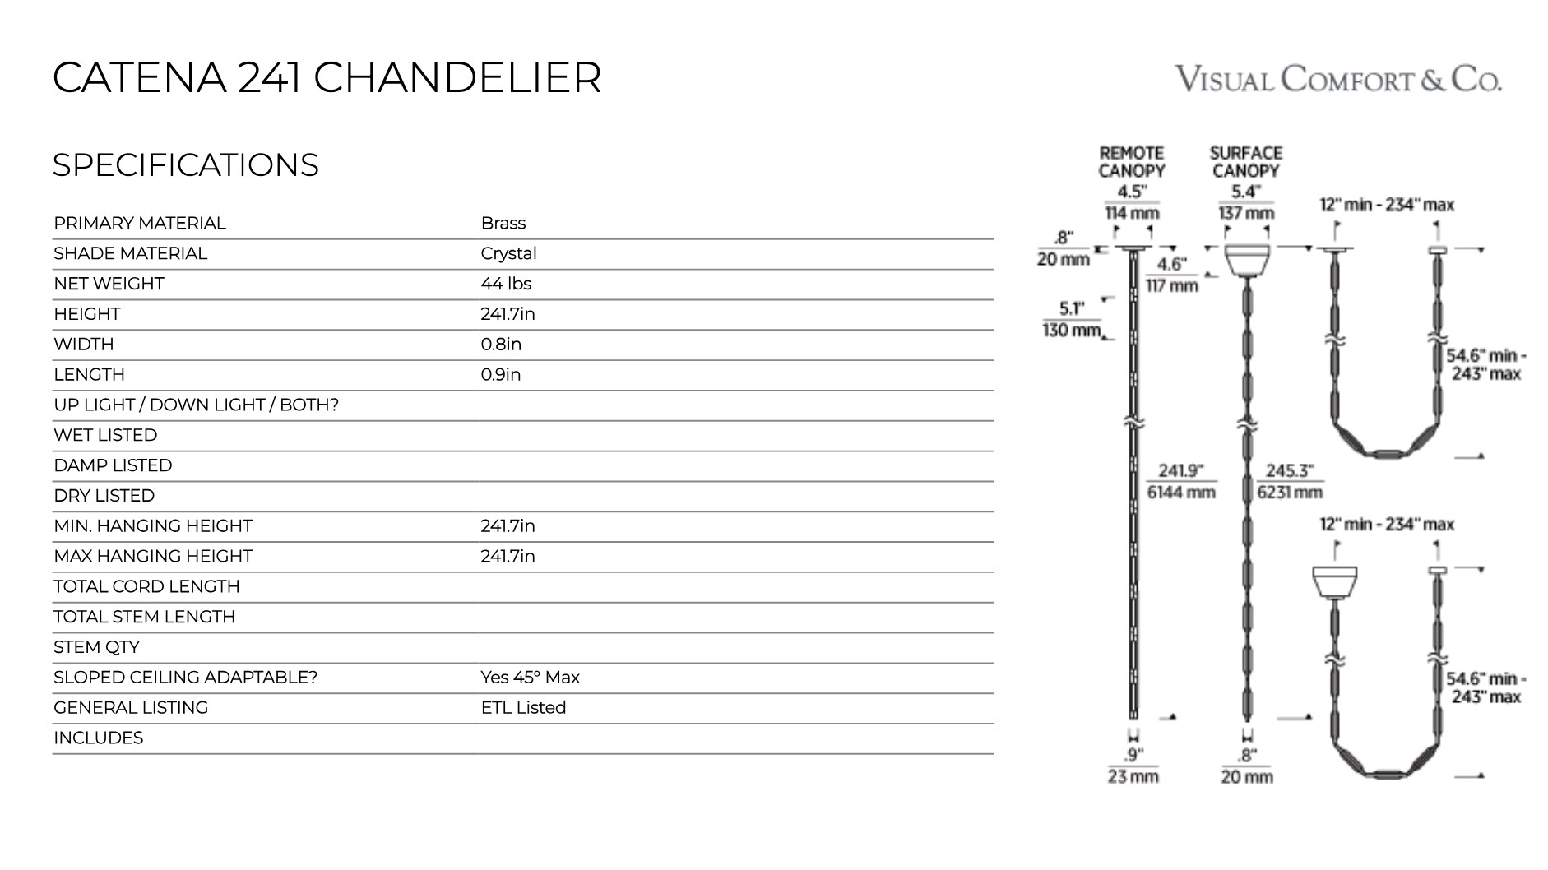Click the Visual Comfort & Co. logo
1338,80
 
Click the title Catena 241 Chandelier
327,78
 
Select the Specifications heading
185,165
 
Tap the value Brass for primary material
503,224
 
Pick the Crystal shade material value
508,254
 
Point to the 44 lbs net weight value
506,285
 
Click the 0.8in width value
500,345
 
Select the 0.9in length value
500,375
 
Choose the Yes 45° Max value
530,678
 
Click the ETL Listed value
523,708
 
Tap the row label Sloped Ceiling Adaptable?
185,678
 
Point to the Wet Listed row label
105,436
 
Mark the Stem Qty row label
96,647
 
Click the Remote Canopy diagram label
1132,162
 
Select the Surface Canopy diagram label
1246,162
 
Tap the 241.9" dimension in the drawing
1180,481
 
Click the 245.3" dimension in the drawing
1289,481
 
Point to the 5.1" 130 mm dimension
1071,319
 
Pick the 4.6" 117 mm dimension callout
1171,275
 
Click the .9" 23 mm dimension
1133,766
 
